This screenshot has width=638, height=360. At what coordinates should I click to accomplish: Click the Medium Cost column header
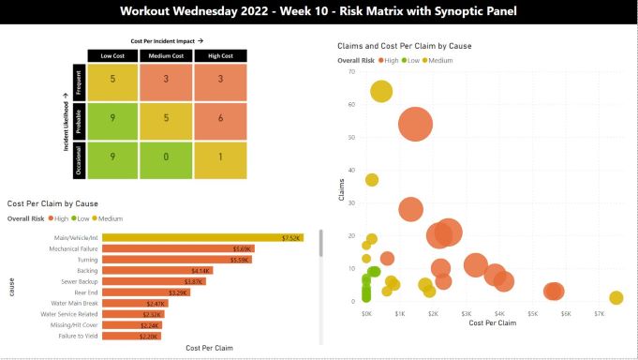tap(165, 55)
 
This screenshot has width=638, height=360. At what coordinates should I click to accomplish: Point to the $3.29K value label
tap(179, 292)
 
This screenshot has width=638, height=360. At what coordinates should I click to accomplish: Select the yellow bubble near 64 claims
tap(381, 91)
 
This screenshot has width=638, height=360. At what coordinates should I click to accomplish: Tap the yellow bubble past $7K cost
tap(616, 298)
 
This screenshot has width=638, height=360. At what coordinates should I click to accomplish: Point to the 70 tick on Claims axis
tap(352, 71)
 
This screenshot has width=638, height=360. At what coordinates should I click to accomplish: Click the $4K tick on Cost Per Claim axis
tap(499, 313)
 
